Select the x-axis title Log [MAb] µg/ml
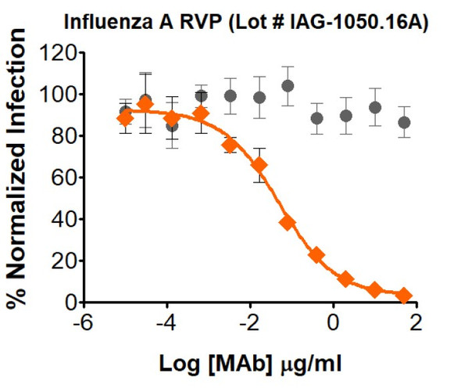(250, 363)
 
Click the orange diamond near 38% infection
(288, 222)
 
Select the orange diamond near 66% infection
(259, 165)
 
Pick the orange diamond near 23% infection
(316, 254)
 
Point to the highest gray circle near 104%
(288, 86)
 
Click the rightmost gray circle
(404, 123)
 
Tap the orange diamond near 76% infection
(230, 145)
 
